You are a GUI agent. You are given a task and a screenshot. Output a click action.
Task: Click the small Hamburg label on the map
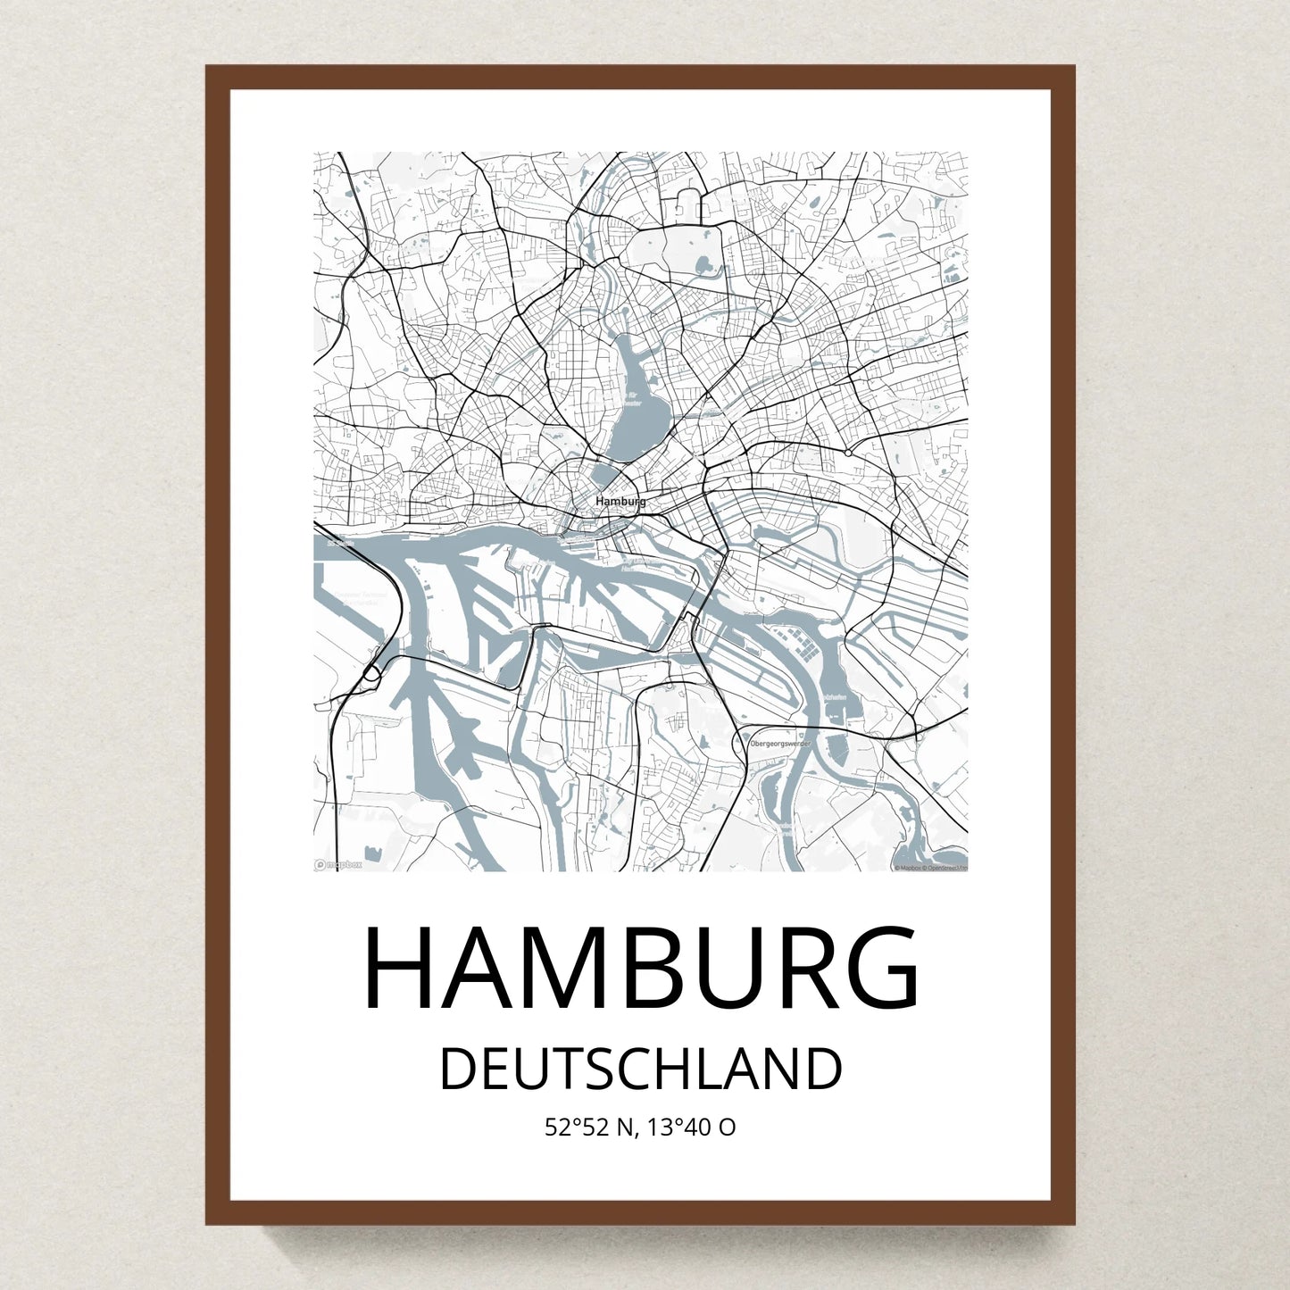(x=620, y=502)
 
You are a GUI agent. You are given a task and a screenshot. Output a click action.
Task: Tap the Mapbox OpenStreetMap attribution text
(x=930, y=867)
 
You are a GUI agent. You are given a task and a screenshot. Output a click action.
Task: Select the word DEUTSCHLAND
(x=641, y=1069)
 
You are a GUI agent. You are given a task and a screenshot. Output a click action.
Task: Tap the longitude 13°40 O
(x=693, y=1128)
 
